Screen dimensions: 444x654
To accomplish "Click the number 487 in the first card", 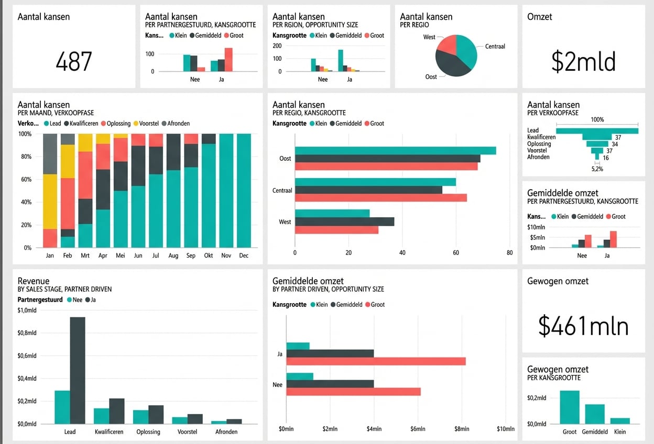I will coord(73,61).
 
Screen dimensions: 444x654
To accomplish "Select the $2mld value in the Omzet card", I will coord(583,61).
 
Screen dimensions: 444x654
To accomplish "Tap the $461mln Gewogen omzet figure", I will coord(583,326).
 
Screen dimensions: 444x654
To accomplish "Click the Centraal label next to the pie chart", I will coord(495,47).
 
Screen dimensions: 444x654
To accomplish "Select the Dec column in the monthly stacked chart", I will coord(243,191).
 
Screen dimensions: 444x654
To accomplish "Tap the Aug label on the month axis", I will coord(173,256).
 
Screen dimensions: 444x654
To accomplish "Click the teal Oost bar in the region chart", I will coord(395,151).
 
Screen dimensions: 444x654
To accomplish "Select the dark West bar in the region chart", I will coord(344,221).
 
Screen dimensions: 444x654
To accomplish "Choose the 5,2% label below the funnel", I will coord(597,169).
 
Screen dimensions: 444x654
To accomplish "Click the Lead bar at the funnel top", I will coord(597,131).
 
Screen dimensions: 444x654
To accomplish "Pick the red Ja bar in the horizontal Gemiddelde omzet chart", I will coord(376,361).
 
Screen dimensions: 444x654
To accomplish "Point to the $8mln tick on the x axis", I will coord(461,429).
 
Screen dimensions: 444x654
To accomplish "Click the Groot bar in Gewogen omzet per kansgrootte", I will coord(570,407).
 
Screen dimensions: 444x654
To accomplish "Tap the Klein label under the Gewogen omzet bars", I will coord(620,432).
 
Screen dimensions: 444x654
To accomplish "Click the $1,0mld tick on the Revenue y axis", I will coord(27,310).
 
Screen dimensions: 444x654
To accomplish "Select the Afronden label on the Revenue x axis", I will coord(226,432).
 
